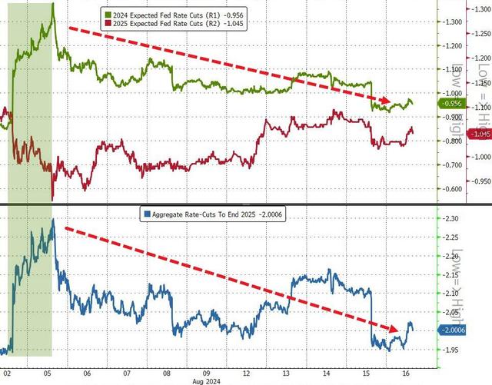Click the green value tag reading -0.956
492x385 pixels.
pos(452,103)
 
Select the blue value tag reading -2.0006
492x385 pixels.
pos(453,330)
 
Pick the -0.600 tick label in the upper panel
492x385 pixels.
pos(452,189)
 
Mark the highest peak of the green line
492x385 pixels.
pos(53,4)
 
